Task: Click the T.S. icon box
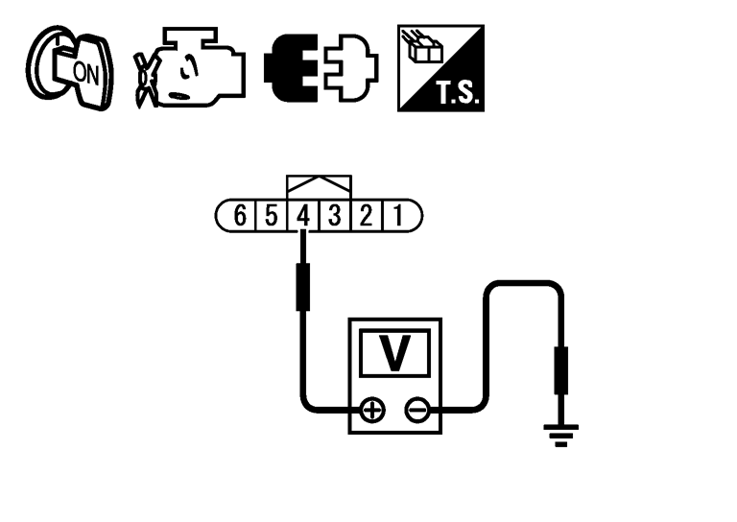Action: tap(442, 67)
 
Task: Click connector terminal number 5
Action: tap(272, 215)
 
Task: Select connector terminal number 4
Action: tap(303, 215)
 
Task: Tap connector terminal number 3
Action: tap(335, 215)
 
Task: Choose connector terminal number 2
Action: tap(367, 215)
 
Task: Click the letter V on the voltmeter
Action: tap(393, 354)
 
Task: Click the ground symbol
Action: tap(561, 434)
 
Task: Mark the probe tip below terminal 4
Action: tap(303, 284)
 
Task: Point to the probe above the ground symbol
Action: tap(561, 372)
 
